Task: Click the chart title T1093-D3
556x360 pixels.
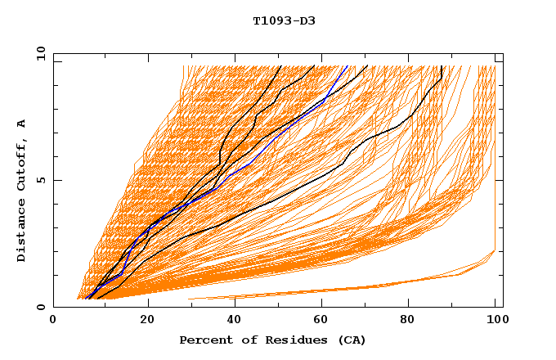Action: [x=284, y=21]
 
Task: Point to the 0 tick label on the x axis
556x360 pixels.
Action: [x=53, y=320]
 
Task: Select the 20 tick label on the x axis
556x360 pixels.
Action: [x=148, y=320]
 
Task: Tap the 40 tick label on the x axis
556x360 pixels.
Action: [x=236, y=320]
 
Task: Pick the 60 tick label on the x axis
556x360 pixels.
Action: [x=325, y=320]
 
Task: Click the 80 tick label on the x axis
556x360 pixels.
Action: [x=413, y=320]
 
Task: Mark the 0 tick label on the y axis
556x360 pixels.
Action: [x=41, y=307]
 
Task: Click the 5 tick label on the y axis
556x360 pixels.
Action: [x=41, y=180]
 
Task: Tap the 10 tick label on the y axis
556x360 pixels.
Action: [x=39, y=54]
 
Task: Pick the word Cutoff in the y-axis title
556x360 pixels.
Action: [x=21, y=166]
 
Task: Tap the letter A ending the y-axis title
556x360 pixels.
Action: [x=21, y=124]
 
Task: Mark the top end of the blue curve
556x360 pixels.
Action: [x=347, y=66]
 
